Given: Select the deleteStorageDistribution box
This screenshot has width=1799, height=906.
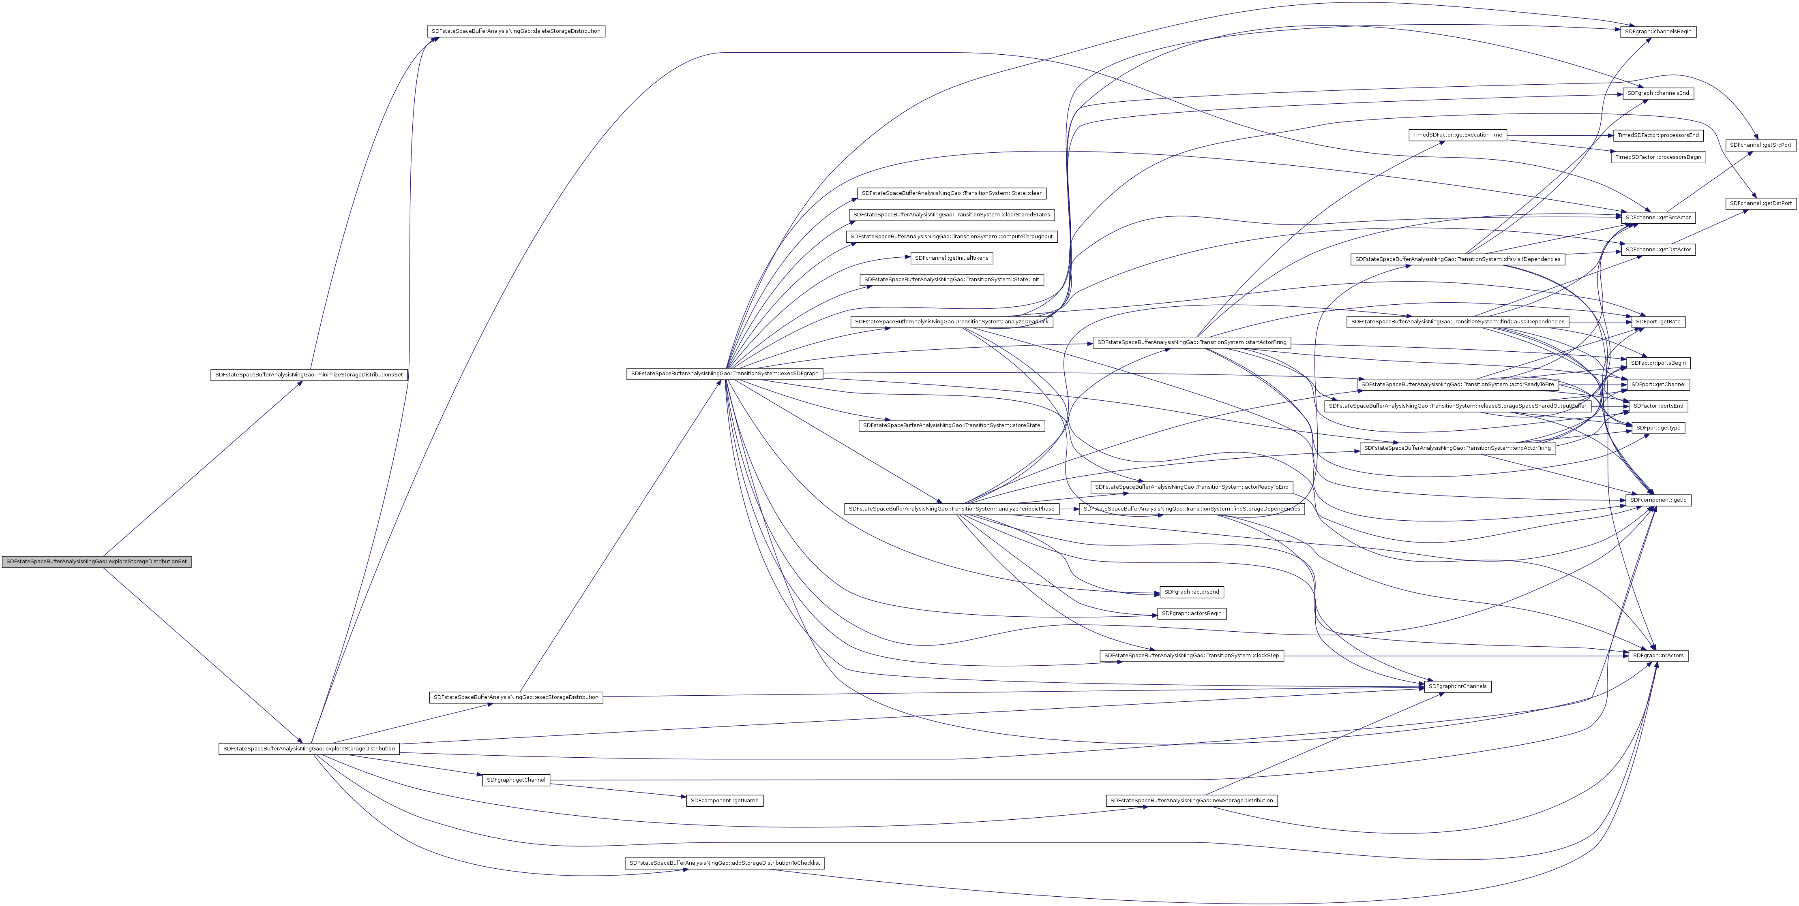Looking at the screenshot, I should [515, 32].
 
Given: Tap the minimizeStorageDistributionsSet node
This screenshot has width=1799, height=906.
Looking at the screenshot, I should [309, 375].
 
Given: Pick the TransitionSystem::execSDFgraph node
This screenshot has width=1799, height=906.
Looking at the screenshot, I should [724, 374].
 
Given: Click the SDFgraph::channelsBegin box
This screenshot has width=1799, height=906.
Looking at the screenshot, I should [1658, 32].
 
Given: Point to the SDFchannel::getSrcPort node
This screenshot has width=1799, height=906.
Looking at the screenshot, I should [1760, 145].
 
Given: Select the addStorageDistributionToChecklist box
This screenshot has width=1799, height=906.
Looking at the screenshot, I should [724, 863].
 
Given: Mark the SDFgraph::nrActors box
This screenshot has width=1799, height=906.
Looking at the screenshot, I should [1658, 656].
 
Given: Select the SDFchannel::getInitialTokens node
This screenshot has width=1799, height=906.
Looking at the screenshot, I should [951, 258].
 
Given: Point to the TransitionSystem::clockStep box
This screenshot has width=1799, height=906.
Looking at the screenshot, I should [1191, 656].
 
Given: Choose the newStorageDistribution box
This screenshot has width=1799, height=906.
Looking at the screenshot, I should [1191, 801].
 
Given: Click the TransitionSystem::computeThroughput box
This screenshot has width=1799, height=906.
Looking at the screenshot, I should [951, 237].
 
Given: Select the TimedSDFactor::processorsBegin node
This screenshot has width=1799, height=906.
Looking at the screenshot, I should [1658, 158].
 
